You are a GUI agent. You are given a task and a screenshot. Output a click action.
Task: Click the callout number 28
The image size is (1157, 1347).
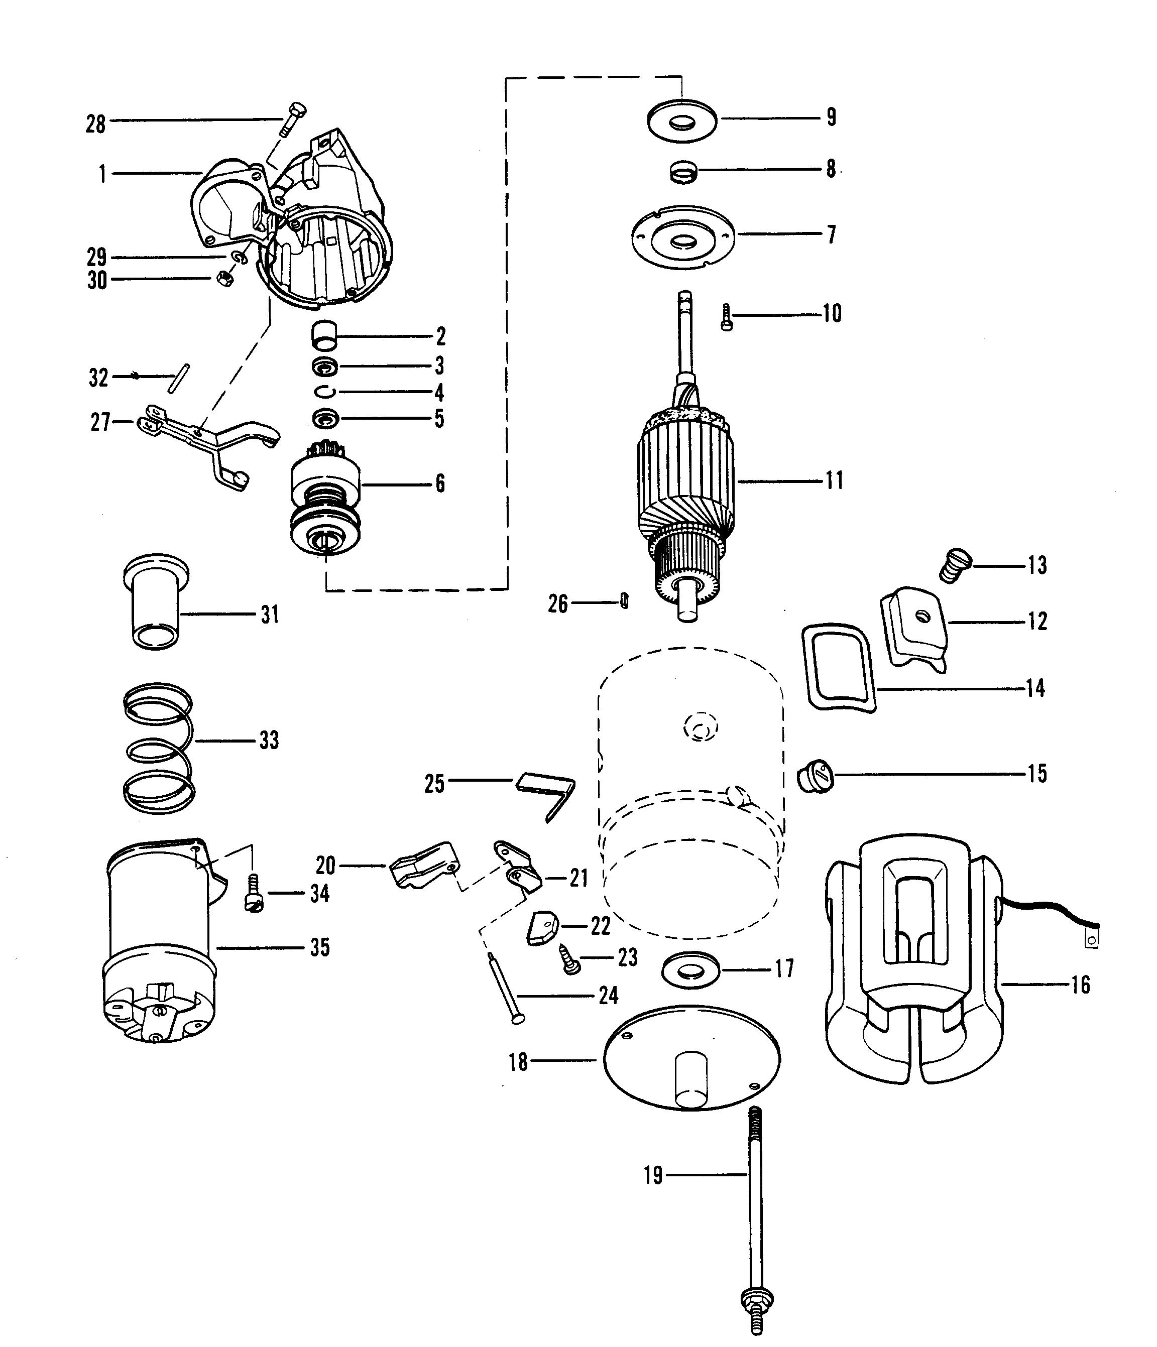pos(95,124)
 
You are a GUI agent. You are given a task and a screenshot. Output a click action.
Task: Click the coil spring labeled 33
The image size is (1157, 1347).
pos(159,748)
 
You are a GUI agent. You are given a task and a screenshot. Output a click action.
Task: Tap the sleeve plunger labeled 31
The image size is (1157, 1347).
pos(156,602)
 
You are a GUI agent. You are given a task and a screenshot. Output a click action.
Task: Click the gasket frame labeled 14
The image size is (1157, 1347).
pos(840,667)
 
